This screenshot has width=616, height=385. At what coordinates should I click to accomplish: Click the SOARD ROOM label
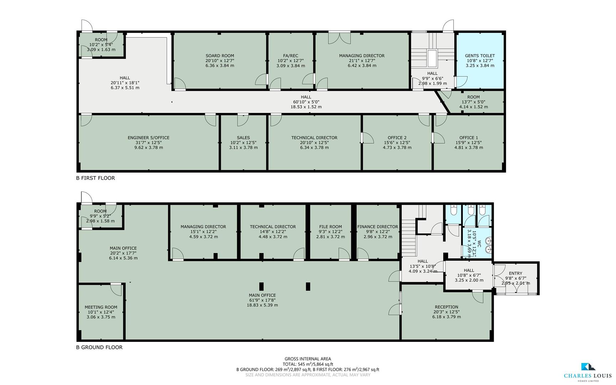[x=219, y=56]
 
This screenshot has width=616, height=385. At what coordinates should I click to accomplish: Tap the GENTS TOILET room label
[x=480, y=56]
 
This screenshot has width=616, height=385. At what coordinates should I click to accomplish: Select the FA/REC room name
[x=290, y=56]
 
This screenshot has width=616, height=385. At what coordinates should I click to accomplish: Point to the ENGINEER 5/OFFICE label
[x=148, y=138]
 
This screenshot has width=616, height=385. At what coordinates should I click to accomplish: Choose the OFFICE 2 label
[x=397, y=138]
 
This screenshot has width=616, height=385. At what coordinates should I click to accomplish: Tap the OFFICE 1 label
[x=469, y=138]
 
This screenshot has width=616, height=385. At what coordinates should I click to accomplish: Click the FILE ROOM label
[x=330, y=227]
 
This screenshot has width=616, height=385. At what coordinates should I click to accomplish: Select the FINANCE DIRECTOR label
[x=377, y=227]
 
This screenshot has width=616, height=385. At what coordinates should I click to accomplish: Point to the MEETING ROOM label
[x=101, y=307]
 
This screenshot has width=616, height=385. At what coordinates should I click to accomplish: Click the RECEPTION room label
[x=446, y=307]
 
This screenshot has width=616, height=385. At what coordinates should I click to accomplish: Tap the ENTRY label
[x=515, y=273]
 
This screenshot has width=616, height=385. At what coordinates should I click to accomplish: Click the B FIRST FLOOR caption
[x=95, y=178]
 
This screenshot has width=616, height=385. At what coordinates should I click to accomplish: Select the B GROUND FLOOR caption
[x=99, y=347]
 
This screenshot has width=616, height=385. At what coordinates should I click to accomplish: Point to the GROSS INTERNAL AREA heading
[x=307, y=359]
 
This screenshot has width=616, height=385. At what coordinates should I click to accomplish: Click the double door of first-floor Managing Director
[x=339, y=38]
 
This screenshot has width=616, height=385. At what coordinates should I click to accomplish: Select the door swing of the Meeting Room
[x=116, y=290]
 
